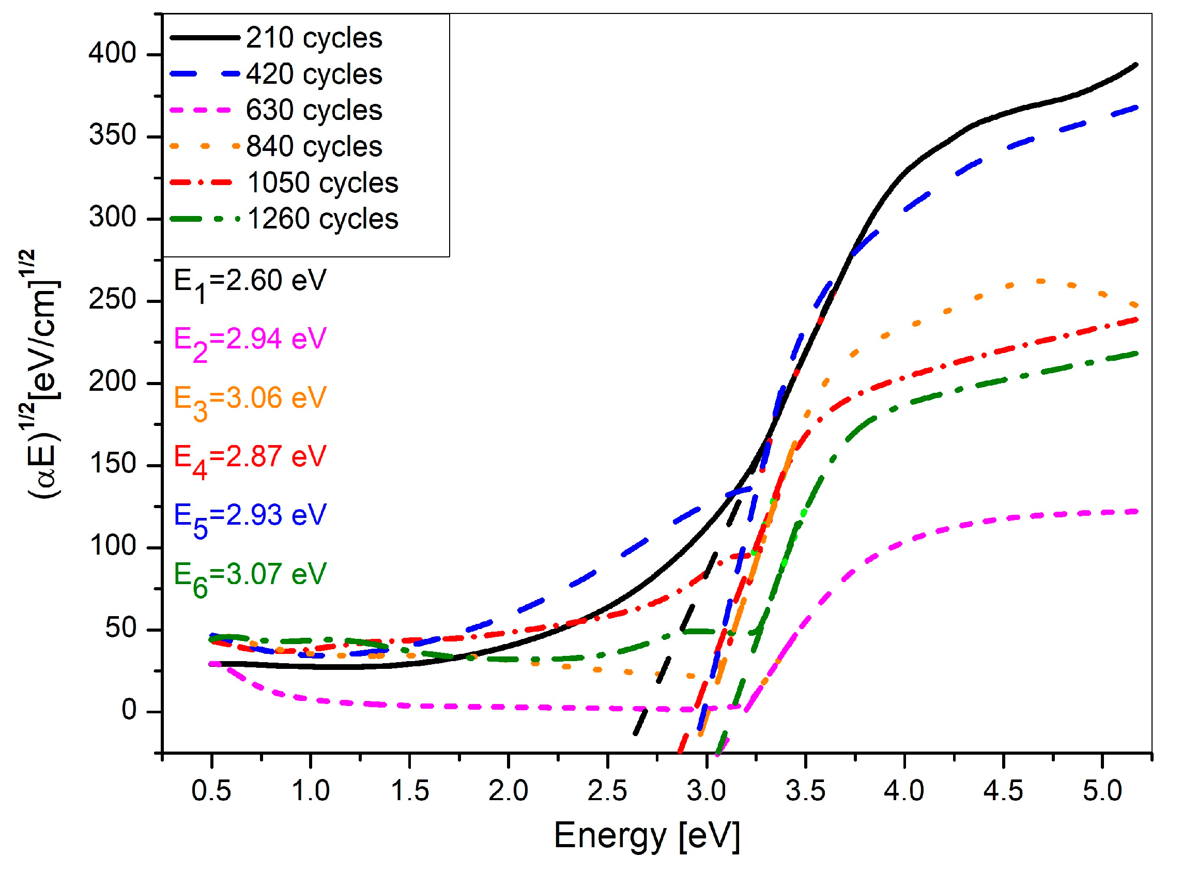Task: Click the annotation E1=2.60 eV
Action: point(250,282)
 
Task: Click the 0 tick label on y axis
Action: point(129,711)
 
